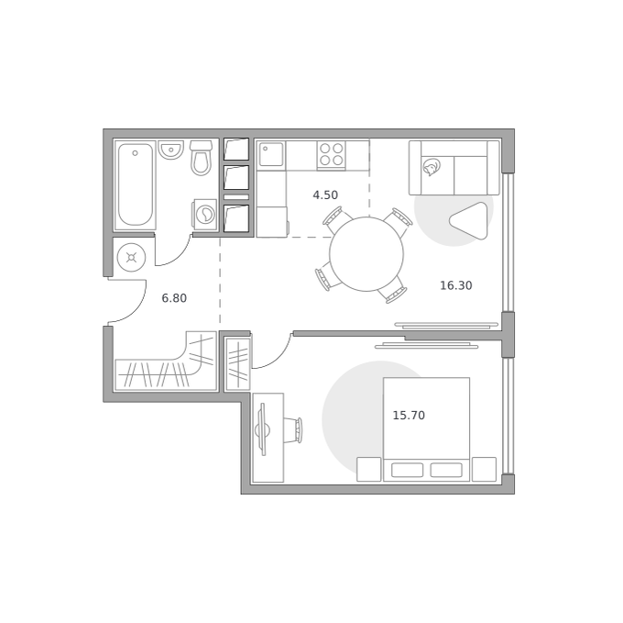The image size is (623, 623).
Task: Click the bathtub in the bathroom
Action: coord(136,184)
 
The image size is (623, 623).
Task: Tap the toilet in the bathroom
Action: coord(201,158)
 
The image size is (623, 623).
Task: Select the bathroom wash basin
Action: coord(170,150)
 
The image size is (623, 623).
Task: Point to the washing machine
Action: coord(205,215)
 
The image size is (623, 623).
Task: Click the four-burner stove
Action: coord(332,154)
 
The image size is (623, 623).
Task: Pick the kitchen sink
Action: coord(271,155)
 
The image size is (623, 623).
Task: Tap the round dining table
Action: coord(366,254)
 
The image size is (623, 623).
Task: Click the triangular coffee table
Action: coord(470,221)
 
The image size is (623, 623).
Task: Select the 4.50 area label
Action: coord(325,195)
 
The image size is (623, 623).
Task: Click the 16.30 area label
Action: coord(456,285)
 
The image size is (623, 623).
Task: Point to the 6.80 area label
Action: coord(174,298)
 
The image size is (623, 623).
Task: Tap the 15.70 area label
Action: coord(409,416)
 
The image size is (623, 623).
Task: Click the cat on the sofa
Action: coord(432,167)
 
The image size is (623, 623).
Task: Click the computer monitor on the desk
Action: coord(262,429)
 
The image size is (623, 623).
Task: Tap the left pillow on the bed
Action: coord(408,470)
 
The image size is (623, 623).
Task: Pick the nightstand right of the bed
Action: coord(485,470)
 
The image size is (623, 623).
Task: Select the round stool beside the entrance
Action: coord(132,258)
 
